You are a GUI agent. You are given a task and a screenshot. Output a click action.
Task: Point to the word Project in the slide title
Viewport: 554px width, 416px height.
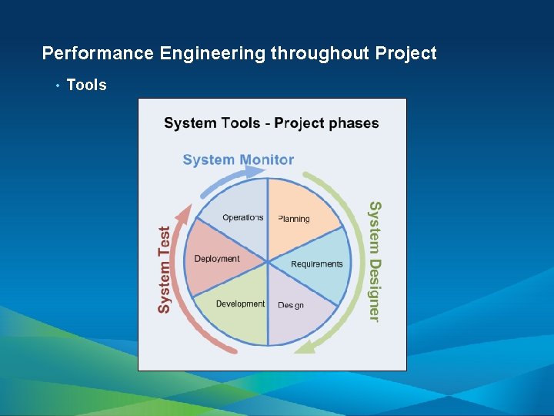click(406, 53)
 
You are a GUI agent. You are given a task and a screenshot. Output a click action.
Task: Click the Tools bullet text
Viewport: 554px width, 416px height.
click(87, 85)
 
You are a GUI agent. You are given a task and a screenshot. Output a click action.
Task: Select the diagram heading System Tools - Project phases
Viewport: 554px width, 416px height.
click(272, 122)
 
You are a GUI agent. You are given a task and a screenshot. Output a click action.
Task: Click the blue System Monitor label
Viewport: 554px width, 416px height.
click(239, 159)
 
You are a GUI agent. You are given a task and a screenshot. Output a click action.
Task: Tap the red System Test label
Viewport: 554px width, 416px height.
click(165, 269)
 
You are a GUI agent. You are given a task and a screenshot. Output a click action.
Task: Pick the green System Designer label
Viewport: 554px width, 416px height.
click(374, 261)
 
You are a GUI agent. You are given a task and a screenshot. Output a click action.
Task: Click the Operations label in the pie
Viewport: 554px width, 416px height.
click(242, 217)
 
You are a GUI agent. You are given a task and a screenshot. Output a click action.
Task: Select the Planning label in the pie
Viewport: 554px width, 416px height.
click(294, 219)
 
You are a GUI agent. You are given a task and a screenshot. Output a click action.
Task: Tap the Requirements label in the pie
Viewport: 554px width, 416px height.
click(317, 264)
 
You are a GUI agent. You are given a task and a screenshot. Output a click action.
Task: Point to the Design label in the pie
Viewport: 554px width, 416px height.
click(291, 305)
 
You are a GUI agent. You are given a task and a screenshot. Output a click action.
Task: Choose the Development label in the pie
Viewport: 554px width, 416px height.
click(240, 304)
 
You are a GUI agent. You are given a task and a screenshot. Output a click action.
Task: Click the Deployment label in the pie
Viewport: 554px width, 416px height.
click(217, 259)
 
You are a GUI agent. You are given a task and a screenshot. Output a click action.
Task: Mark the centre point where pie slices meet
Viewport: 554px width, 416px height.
click(268, 261)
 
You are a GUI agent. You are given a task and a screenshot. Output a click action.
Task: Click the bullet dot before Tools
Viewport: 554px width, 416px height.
click(57, 86)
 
